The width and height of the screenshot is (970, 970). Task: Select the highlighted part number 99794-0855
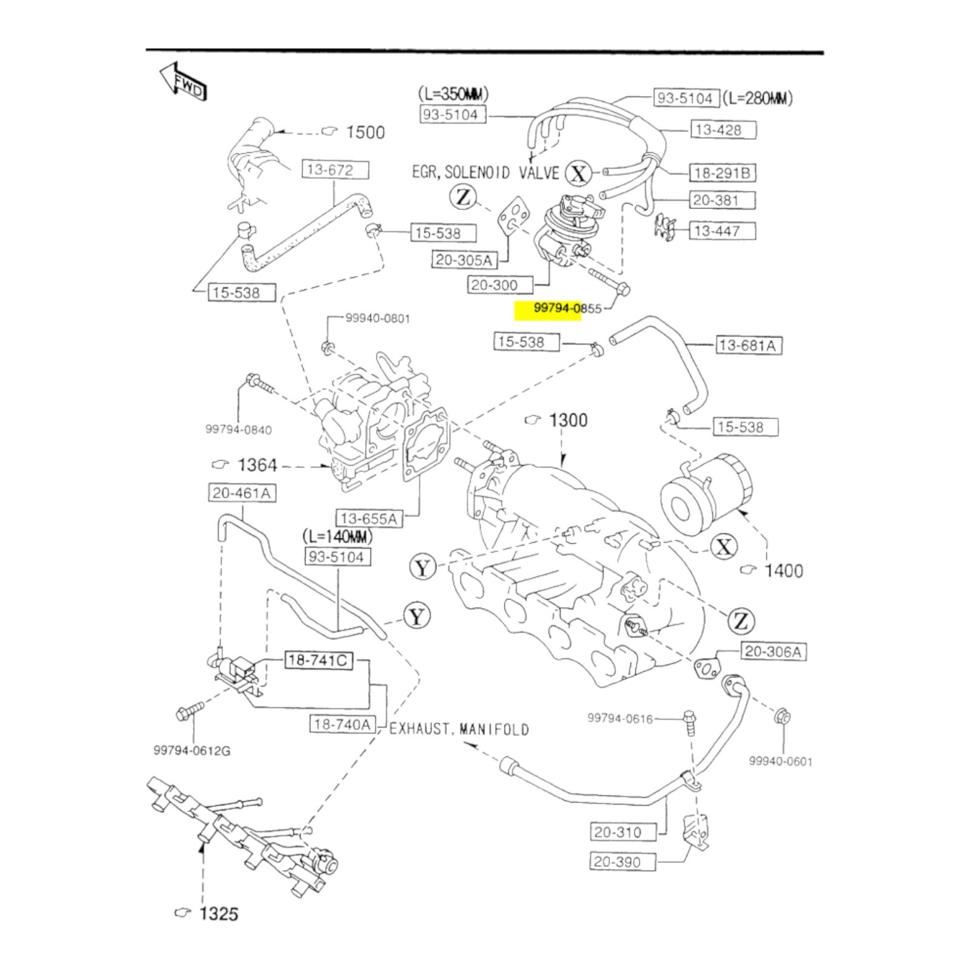567,309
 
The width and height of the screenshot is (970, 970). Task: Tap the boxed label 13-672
335,170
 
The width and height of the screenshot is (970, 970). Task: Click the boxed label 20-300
500,284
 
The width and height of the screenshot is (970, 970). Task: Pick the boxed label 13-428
723,130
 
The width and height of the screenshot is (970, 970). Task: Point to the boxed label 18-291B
722,173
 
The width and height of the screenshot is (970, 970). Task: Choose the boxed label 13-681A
748,346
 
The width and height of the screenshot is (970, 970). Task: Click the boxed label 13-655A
369,518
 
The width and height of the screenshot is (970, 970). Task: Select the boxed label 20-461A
241,493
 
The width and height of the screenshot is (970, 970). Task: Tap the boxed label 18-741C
319,660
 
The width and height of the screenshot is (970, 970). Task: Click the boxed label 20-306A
772,652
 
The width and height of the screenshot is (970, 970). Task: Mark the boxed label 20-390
622,861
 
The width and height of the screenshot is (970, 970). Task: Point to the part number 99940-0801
377,319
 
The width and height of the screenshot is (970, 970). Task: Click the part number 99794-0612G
192,751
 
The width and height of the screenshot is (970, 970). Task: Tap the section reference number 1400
783,570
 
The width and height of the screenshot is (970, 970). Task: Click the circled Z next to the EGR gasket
463,197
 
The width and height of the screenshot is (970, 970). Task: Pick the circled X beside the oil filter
724,547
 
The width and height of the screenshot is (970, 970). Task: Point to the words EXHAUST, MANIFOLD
459,729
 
